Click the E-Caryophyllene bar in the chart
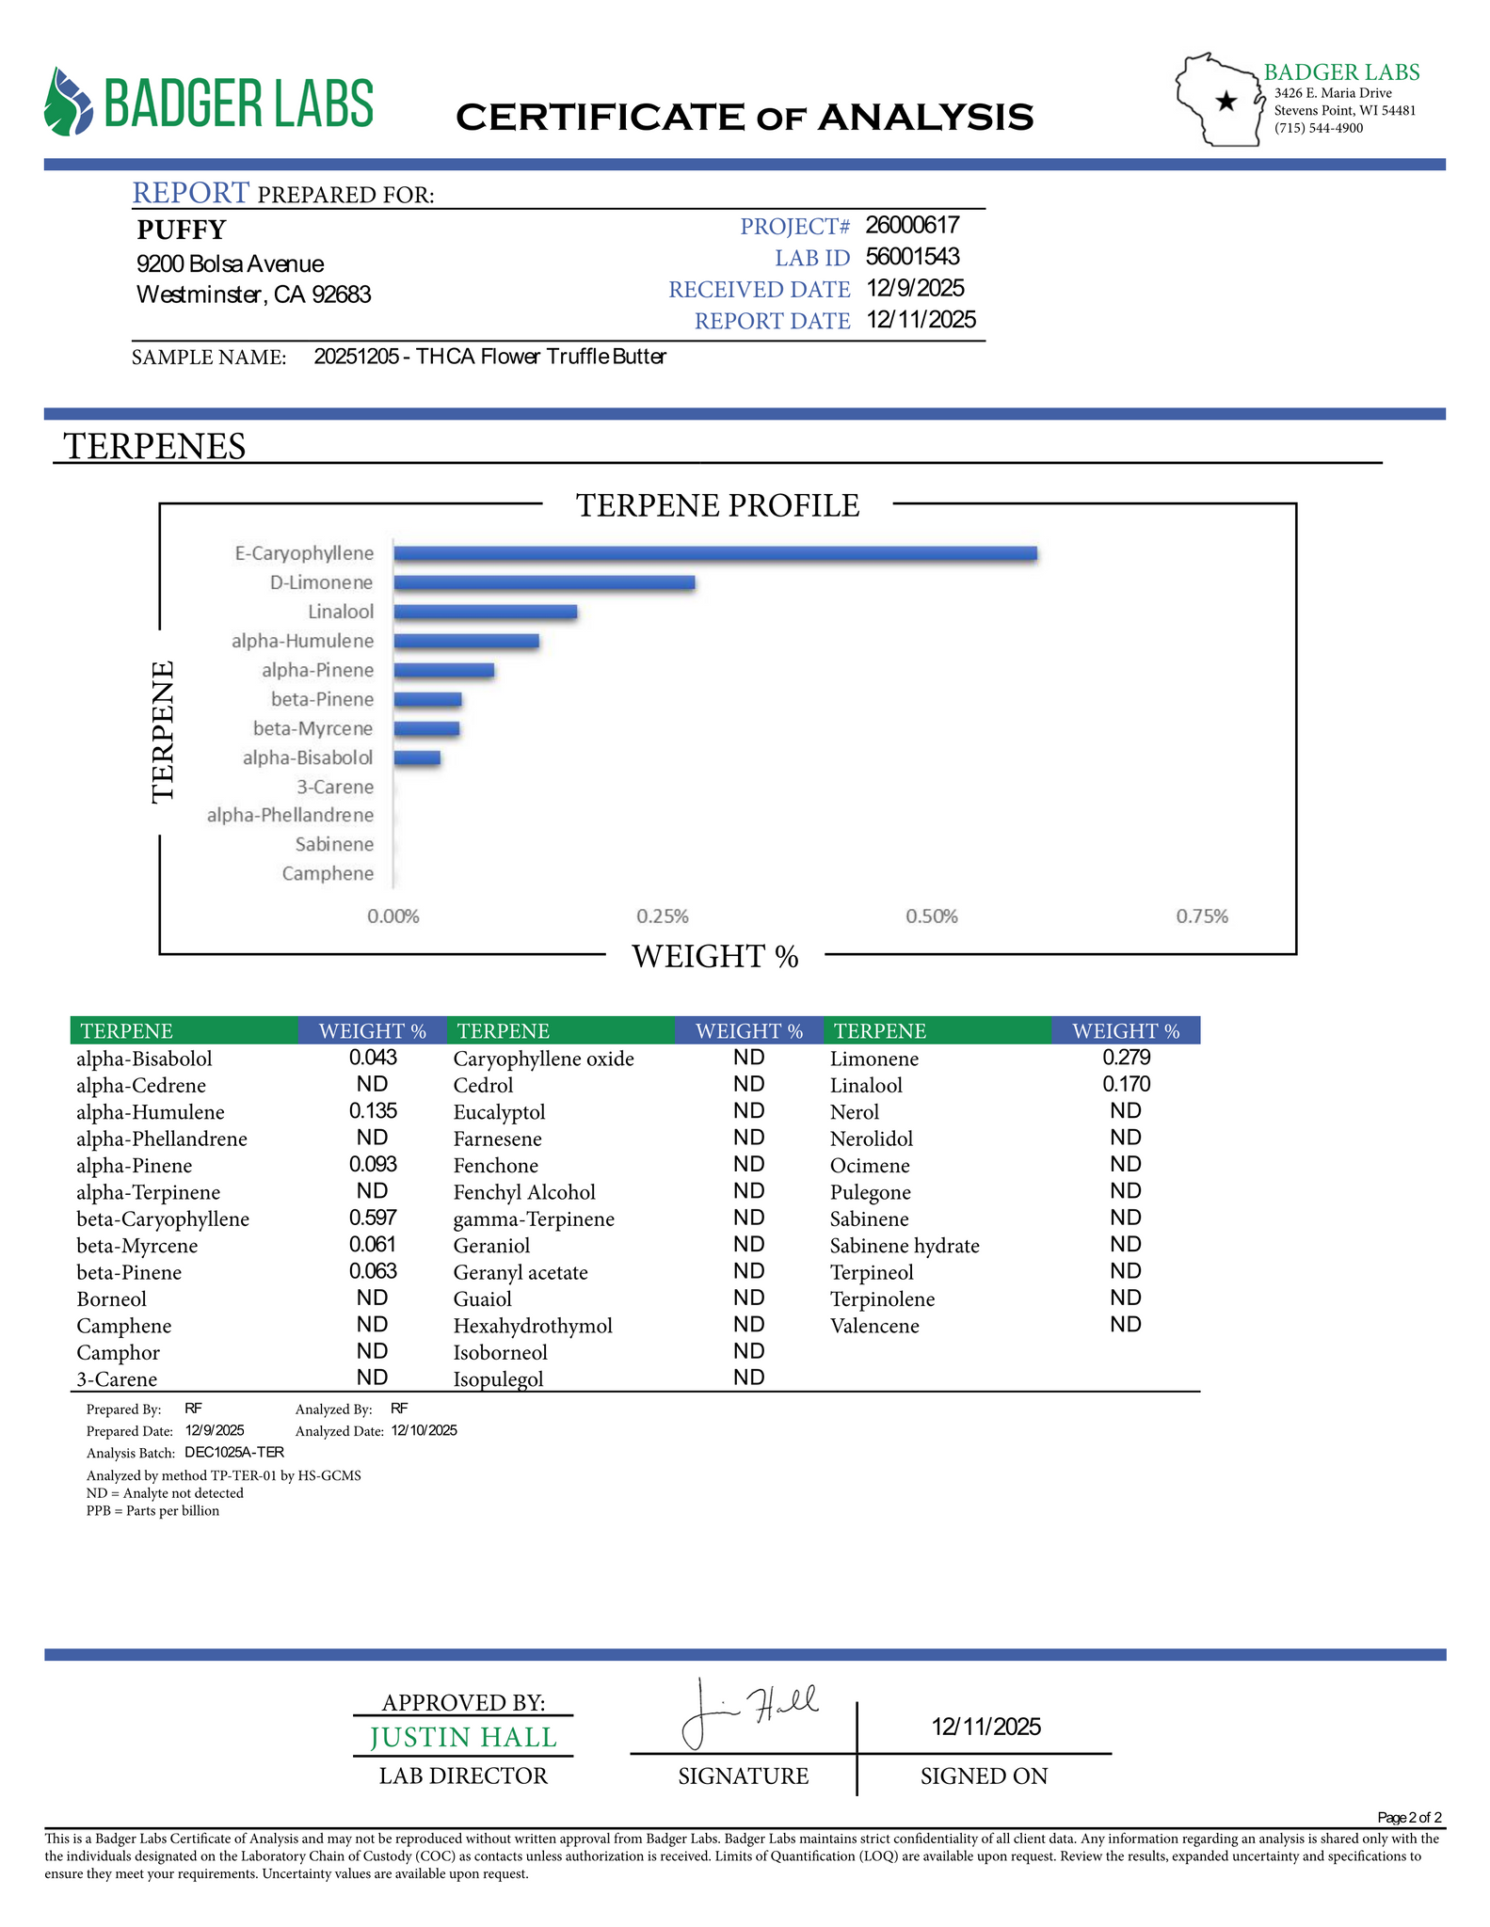(x=715, y=553)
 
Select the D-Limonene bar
(x=544, y=582)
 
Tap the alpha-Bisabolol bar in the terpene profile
(x=417, y=757)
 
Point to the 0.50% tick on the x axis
(x=932, y=916)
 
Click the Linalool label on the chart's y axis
(x=341, y=612)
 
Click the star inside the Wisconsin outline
(x=1226, y=102)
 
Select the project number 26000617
(x=912, y=225)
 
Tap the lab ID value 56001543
(x=912, y=257)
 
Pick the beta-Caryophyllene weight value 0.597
(x=373, y=1218)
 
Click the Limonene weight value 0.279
(x=1126, y=1058)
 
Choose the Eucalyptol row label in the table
(x=499, y=1112)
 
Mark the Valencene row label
(x=874, y=1326)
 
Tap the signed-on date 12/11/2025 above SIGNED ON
(x=985, y=1727)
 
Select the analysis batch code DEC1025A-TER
(x=234, y=1452)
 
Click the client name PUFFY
(x=182, y=230)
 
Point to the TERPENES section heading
(x=154, y=446)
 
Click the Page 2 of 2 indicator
(x=1408, y=1817)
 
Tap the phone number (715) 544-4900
(x=1318, y=128)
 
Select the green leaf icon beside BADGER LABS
(x=69, y=102)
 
